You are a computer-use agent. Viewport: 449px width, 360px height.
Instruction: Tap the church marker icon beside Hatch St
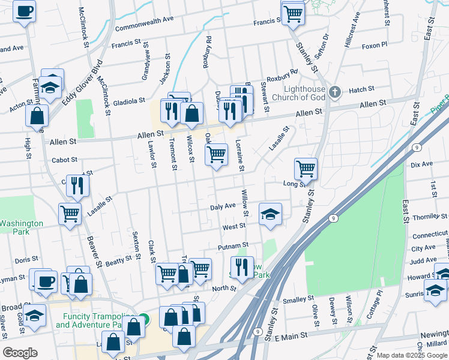pos(336,92)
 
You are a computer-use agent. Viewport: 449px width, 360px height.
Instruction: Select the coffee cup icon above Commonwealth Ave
pos(25,11)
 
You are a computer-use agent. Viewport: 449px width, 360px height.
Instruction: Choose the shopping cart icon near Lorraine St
pos(216,154)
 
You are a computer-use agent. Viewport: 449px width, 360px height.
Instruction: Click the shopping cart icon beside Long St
pos(306,169)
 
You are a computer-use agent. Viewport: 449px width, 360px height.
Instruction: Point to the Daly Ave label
pos(223,206)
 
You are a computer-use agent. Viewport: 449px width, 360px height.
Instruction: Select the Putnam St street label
pos(234,246)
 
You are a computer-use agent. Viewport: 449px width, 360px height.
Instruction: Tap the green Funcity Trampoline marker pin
pos(143,319)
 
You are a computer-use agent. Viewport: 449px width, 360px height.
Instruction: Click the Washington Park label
pos(21,227)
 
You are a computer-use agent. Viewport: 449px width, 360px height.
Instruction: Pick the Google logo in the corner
pos(20,353)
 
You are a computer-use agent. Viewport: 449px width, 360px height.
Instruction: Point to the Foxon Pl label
pos(375,44)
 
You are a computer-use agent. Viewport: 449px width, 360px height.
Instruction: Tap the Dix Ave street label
pos(421,164)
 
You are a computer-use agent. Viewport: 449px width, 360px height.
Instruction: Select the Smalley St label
pos(298,298)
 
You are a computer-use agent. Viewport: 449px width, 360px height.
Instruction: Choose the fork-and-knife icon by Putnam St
pos(242,267)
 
